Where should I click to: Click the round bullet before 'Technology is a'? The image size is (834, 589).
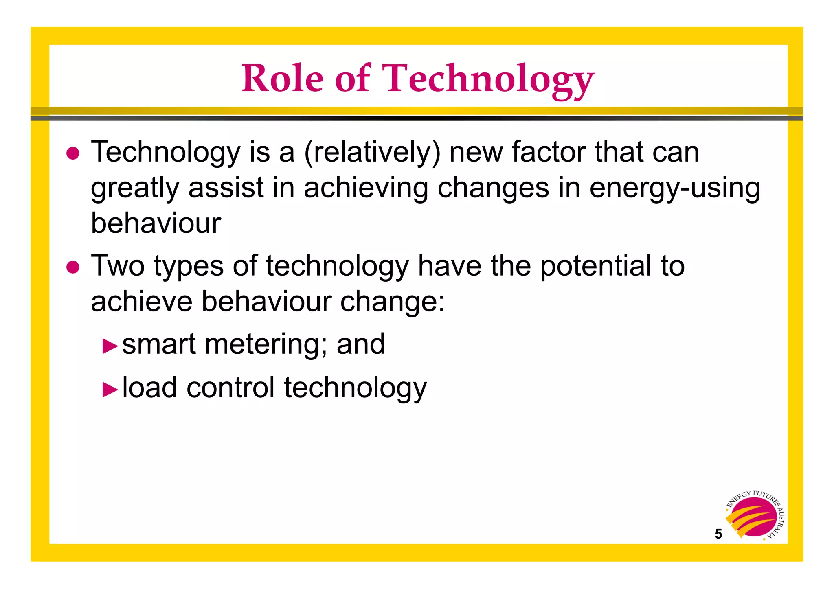73,153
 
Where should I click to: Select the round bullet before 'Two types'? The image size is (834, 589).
73,267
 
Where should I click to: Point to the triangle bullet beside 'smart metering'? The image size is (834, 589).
110,346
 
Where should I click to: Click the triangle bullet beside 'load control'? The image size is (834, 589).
110,390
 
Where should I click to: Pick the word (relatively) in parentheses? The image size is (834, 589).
373,153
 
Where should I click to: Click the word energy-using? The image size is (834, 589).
675,188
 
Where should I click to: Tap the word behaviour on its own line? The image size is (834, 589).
156,223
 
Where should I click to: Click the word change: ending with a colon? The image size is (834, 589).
393,302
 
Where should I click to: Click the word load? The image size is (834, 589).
149,387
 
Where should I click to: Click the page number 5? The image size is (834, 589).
718,534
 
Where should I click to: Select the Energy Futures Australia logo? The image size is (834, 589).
755,516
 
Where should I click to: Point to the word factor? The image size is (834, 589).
548,152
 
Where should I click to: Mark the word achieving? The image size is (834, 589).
366,188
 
